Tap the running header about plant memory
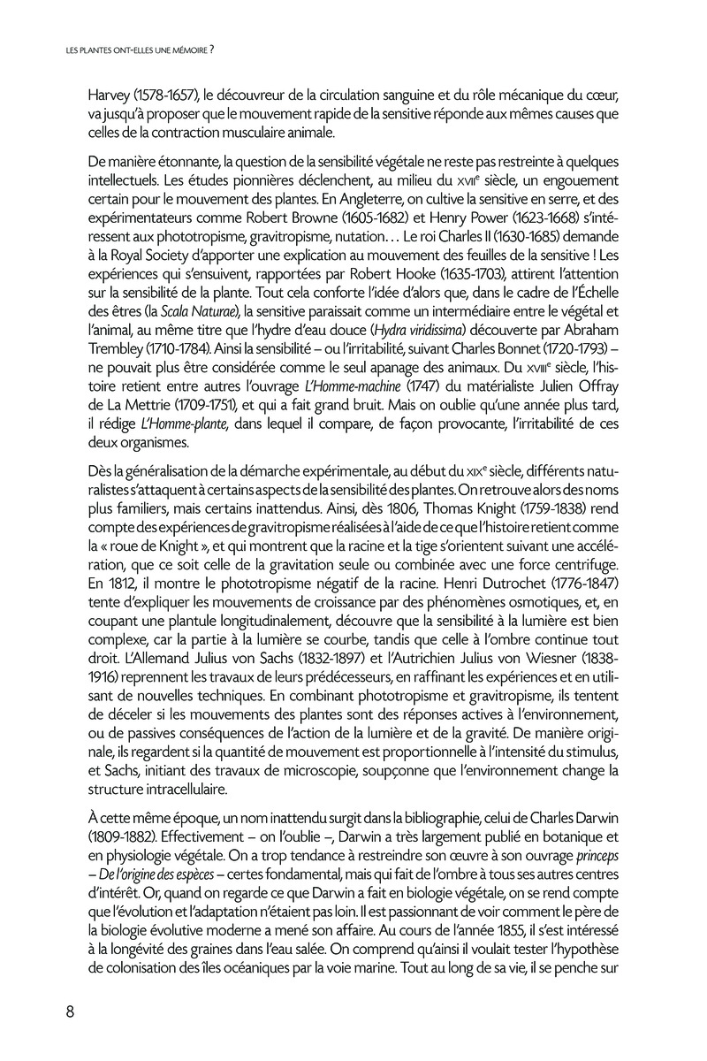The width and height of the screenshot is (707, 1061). point(141,51)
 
